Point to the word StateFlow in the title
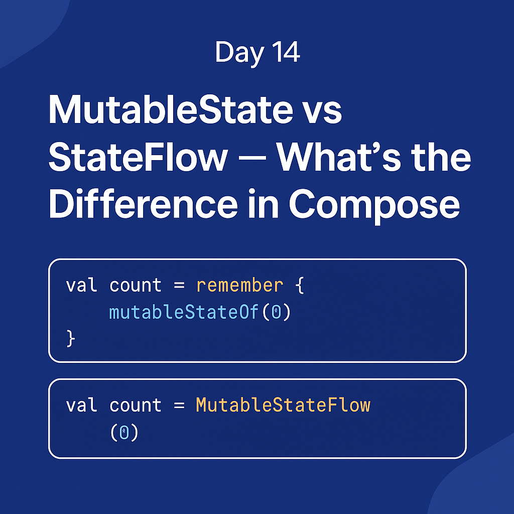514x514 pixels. click(138, 157)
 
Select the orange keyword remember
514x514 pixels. click(239, 286)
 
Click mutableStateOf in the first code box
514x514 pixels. click(184, 313)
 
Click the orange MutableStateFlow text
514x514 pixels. click(283, 405)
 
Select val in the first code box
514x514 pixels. click(82, 286)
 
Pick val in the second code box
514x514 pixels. click(82, 405)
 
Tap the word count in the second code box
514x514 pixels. click(136, 405)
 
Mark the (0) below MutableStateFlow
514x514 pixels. click(123, 432)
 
